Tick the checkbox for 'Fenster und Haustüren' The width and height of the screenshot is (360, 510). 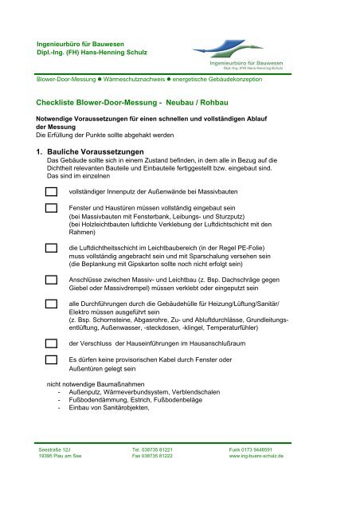pyautogui.click(x=51, y=209)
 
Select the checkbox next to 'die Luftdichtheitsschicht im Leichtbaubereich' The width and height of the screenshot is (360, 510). pyautogui.click(x=51, y=249)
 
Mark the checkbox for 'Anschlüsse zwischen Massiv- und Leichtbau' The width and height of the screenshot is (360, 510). pyautogui.click(x=51, y=281)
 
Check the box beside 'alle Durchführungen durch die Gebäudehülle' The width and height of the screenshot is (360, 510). pyautogui.click(x=51, y=305)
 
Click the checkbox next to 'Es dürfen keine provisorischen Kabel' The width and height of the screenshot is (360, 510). pyautogui.click(x=51, y=360)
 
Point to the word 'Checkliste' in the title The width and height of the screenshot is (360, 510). pyautogui.click(x=58, y=104)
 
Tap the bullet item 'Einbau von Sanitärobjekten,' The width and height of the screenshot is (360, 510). pyautogui.click(x=104, y=408)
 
